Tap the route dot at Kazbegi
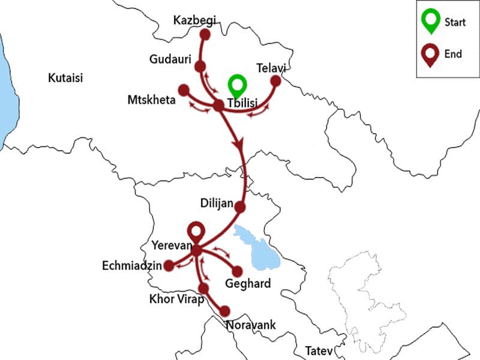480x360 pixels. [205, 34]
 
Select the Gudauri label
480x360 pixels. [170, 59]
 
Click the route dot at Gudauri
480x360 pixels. [200, 66]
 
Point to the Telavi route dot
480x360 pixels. [276, 80]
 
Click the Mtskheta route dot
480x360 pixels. [184, 91]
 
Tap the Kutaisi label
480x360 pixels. [65, 78]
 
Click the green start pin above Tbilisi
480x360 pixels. [238, 85]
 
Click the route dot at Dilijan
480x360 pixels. [240, 207]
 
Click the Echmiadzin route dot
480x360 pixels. [170, 265]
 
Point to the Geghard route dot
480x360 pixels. [237, 271]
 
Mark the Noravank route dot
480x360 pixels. [225, 311]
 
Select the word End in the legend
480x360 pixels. [453, 54]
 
